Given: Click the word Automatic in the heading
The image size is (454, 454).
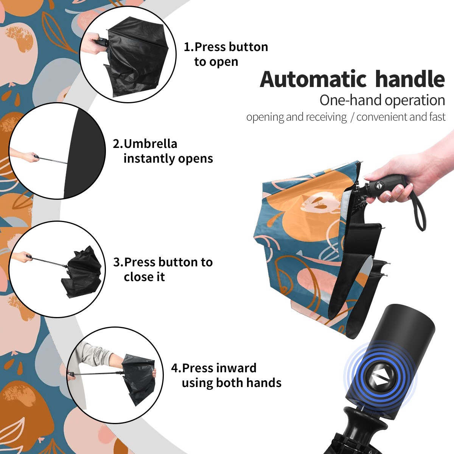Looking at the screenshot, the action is coord(313,79).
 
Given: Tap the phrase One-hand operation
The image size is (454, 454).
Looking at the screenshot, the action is coord(382,100).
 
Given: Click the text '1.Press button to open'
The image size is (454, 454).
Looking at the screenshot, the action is coord(226,54).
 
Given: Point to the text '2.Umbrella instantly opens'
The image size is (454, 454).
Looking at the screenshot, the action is coord(163,151).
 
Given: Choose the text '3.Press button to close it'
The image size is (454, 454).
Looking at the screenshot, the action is coord(163,269).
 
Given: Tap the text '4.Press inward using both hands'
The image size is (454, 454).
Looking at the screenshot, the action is coord(226,375).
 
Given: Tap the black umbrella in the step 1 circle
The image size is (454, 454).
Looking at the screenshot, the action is coord(138,56).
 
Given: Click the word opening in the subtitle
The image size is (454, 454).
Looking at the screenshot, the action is coord(265,117).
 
